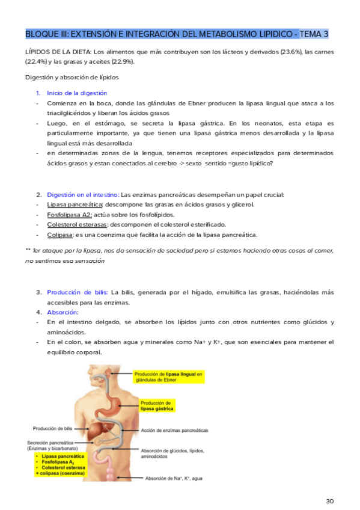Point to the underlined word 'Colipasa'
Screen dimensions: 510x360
click(x=60, y=235)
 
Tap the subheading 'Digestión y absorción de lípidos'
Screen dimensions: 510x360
click(x=72, y=77)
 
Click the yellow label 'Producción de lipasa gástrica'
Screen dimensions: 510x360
click(x=156, y=405)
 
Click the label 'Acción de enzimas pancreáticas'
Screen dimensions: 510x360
click(x=174, y=431)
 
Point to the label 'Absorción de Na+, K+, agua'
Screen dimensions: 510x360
click(x=177, y=479)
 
